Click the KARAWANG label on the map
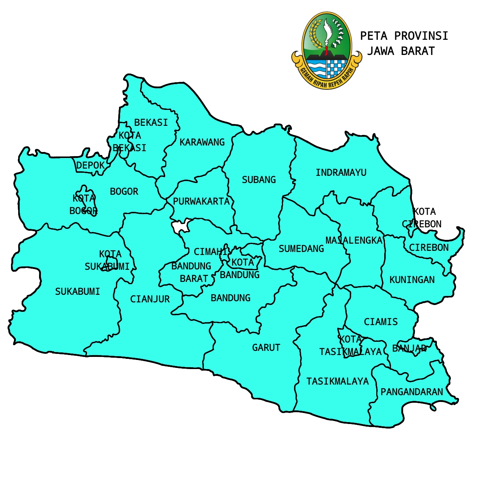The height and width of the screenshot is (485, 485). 202,142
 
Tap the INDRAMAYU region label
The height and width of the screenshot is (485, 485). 341,173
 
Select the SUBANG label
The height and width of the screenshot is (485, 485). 259,180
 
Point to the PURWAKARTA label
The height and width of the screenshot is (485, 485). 201,202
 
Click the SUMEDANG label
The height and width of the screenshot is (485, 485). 301,249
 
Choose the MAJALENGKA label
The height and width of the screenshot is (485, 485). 354,241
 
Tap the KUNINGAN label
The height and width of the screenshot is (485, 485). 412,280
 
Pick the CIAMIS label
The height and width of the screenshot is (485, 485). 381,322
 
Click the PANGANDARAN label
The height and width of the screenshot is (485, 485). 412,392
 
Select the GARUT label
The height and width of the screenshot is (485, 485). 266,348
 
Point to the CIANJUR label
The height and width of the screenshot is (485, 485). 150,299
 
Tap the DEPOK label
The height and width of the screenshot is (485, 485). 90,166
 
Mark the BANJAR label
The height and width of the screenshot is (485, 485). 409,349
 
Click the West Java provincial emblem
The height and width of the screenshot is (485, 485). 327,50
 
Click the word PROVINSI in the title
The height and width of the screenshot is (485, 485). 421,36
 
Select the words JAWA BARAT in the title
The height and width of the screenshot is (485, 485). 401,51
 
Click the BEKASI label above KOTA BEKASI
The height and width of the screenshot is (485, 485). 151,123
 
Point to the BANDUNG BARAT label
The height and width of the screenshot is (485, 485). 192,272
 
